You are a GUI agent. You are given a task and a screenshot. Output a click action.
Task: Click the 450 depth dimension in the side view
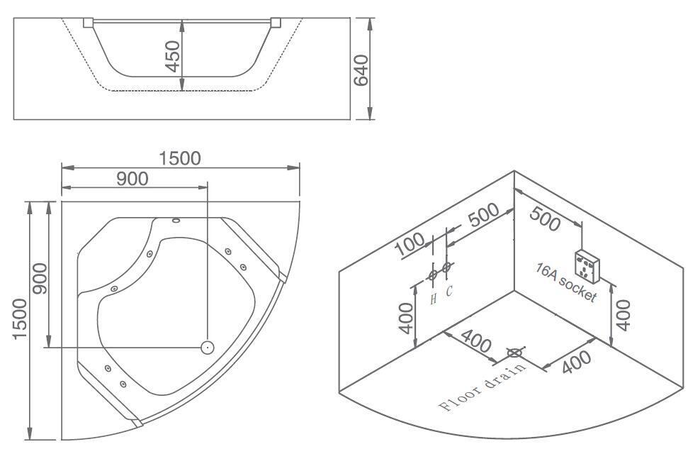(x=172, y=56)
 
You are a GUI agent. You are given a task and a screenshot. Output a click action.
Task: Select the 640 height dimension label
(x=361, y=70)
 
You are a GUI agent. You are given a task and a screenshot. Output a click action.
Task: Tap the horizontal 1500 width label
(x=180, y=158)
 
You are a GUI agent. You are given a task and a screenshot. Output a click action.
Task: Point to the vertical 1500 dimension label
(x=20, y=319)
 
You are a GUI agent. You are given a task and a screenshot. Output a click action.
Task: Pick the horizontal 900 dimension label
(x=132, y=179)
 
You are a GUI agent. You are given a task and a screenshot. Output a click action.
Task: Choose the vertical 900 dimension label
(x=39, y=278)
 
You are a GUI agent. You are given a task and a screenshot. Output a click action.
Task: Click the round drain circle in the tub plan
(x=208, y=347)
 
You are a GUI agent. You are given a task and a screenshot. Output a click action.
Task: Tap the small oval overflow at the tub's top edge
(x=176, y=220)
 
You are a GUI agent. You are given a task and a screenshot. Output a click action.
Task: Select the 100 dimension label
(x=410, y=245)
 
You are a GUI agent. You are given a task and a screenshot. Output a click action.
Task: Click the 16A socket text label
(x=566, y=283)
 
